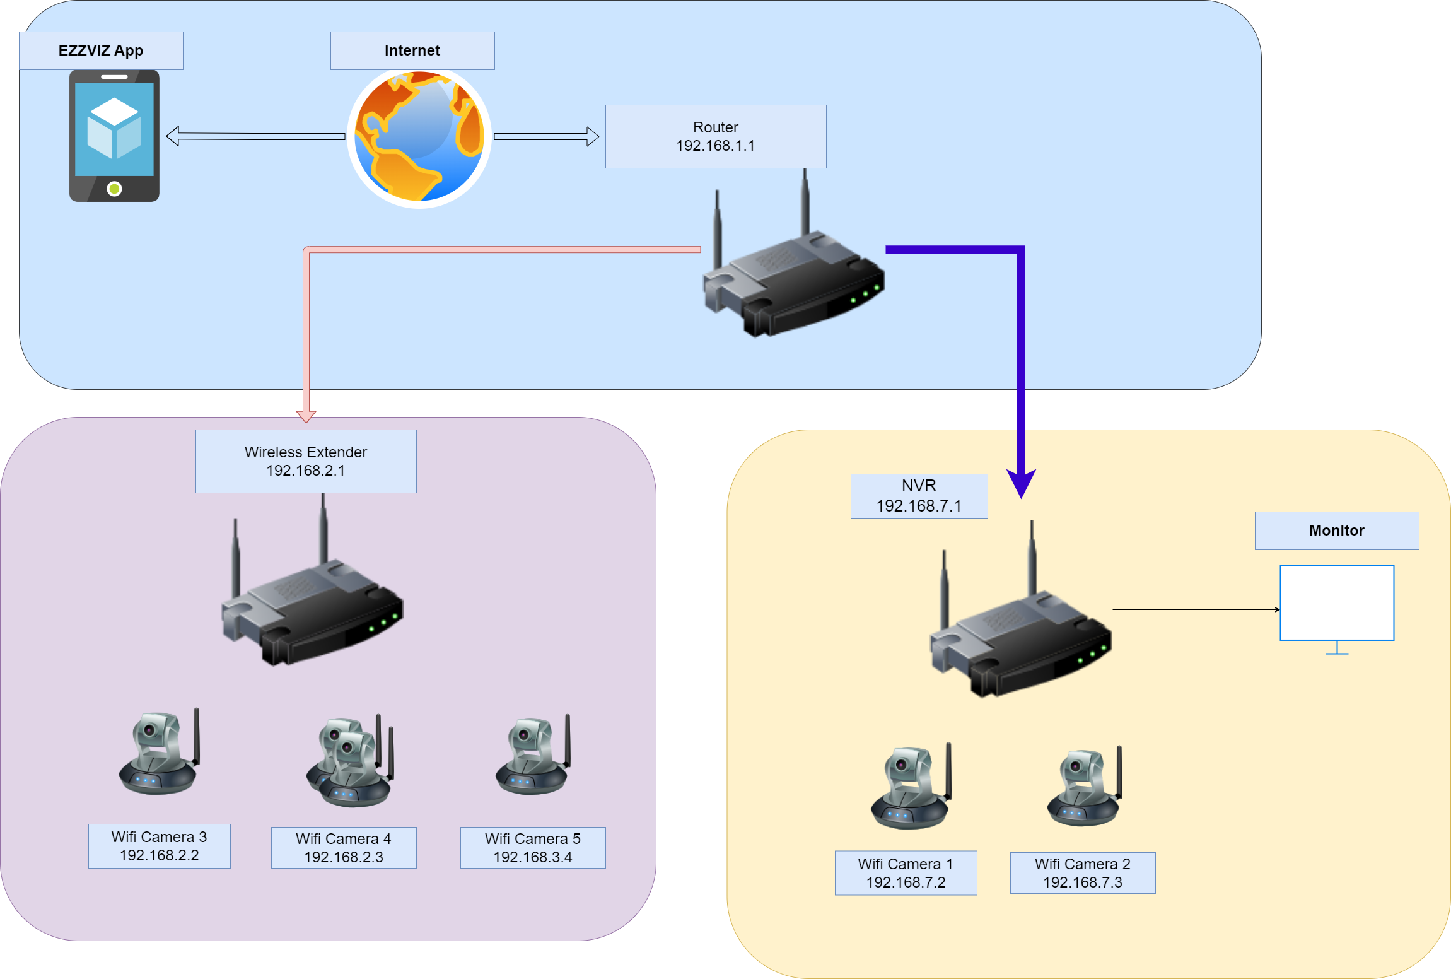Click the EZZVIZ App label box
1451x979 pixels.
tap(101, 50)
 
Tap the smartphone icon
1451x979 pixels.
tap(114, 136)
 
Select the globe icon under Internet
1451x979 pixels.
tap(419, 138)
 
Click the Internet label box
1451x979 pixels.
tap(412, 50)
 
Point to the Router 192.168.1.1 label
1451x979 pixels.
tap(715, 136)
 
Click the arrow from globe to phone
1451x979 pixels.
tap(255, 136)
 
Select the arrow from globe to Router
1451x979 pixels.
tap(546, 136)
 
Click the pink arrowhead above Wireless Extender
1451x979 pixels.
tap(306, 416)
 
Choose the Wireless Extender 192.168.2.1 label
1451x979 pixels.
tap(306, 461)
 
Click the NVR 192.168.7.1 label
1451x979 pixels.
tap(919, 496)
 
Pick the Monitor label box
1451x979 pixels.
tap(1336, 531)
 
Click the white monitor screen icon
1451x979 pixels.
tap(1336, 603)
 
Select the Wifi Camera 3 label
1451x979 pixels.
tap(159, 846)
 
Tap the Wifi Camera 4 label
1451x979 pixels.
tap(344, 848)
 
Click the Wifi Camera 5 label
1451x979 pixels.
tap(533, 848)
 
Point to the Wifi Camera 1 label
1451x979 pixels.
tap(906, 873)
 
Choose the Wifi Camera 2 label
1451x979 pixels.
tap(1082, 873)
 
